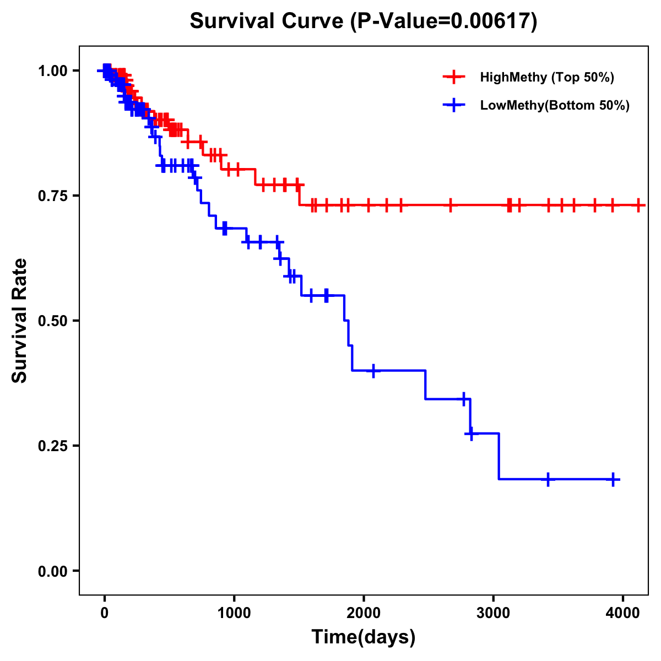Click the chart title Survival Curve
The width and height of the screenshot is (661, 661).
[268, 21]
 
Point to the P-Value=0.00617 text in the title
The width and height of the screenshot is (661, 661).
[443, 21]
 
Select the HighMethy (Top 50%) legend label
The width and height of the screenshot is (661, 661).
[546, 77]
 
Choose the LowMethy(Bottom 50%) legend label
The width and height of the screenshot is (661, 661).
[554, 105]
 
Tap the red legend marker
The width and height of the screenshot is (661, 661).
[454, 77]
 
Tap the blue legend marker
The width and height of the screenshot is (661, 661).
[454, 105]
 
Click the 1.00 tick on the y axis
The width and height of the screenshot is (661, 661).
[53, 71]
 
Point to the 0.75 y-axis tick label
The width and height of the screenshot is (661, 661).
[53, 196]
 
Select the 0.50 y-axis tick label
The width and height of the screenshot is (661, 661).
[53, 321]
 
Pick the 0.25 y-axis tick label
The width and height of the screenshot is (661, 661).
[53, 446]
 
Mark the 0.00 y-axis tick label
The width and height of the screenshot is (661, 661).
[53, 571]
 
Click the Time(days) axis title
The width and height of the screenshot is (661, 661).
[364, 637]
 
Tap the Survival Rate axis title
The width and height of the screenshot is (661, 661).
[20, 321]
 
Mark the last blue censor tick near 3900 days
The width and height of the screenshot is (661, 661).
[613, 479]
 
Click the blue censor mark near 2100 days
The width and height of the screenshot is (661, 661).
[373, 371]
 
